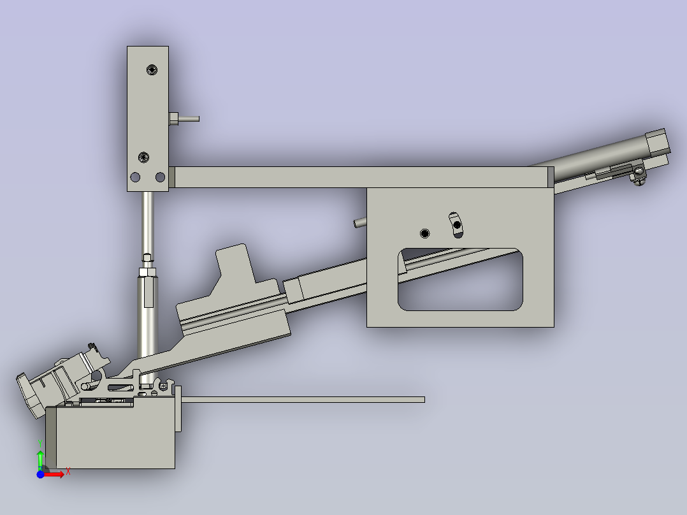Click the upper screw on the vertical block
(x=151, y=69)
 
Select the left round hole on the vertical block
(x=135, y=177)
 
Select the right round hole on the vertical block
(x=160, y=177)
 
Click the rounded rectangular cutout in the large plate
(x=460, y=280)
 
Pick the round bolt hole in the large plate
(x=425, y=233)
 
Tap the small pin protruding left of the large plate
(x=359, y=222)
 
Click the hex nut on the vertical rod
(x=147, y=272)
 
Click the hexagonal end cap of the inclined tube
(x=656, y=141)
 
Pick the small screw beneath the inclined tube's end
(x=639, y=177)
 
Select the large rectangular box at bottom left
(x=112, y=437)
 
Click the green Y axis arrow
(x=40, y=458)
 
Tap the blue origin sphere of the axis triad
(x=40, y=474)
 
